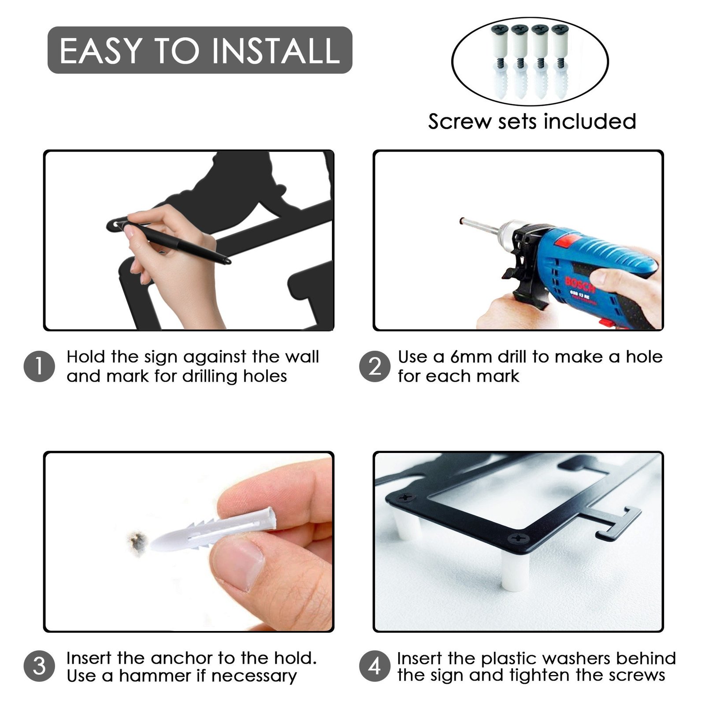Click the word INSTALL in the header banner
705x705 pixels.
tap(276, 50)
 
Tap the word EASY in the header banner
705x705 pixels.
tap(100, 50)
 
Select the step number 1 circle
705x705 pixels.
tap(39, 366)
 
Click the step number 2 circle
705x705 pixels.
tap(375, 366)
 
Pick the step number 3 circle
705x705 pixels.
tap(39, 666)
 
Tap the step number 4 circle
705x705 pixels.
tap(375, 666)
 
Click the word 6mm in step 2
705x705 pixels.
tap(471, 357)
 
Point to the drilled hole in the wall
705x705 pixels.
tap(137, 541)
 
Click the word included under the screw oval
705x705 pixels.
tap(590, 121)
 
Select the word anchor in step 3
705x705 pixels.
tap(182, 658)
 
